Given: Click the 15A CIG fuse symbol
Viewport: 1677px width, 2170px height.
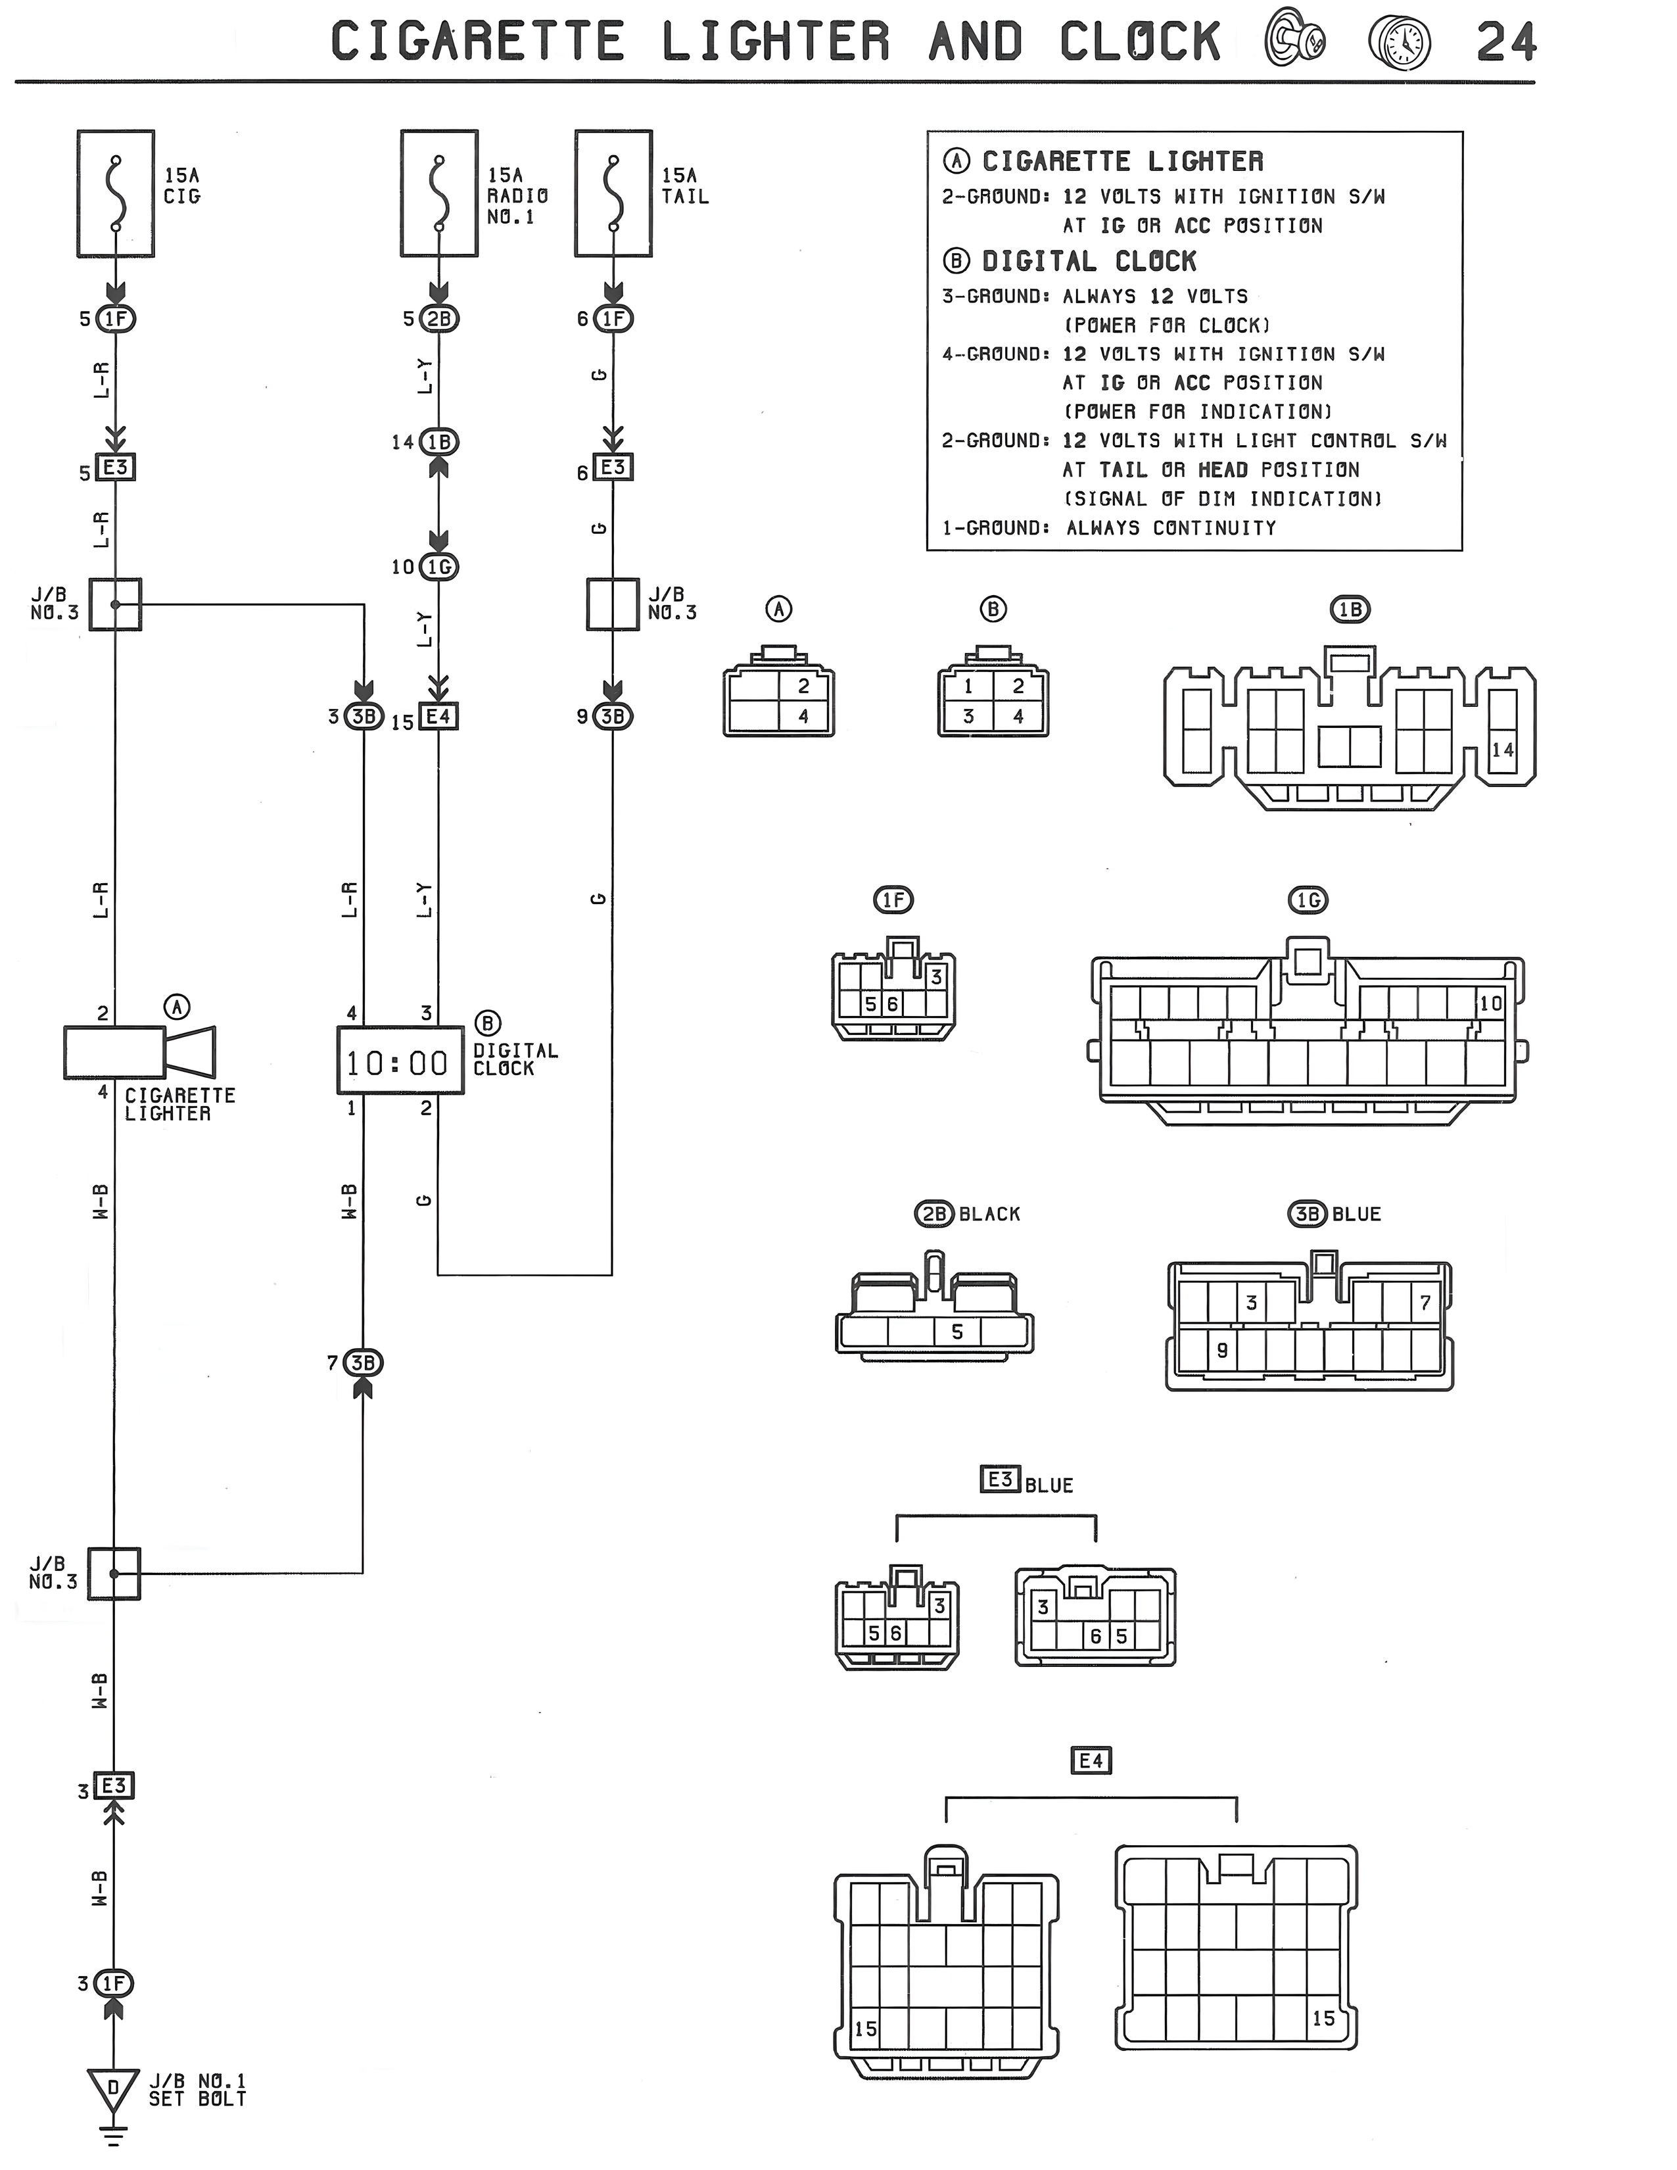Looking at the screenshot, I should [116, 194].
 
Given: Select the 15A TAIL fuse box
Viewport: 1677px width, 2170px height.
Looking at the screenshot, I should [613, 194].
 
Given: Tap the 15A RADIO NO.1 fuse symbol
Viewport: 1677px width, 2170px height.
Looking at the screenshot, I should [439, 194].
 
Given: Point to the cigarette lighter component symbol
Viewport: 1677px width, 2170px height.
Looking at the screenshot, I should [139, 1051].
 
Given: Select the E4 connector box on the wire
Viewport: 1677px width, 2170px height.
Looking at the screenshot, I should [438, 716].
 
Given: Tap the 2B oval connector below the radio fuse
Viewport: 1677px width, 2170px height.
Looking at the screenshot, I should [439, 319].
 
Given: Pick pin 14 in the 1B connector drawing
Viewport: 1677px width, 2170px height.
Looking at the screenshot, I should [1502, 750].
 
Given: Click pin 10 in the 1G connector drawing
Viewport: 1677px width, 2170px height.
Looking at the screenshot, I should [1490, 1003].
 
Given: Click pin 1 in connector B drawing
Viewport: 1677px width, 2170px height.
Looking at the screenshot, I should [968, 686].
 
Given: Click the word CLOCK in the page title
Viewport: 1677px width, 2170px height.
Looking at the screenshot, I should [1141, 41].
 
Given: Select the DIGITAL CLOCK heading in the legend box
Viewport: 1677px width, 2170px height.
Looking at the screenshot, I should [1089, 261].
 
